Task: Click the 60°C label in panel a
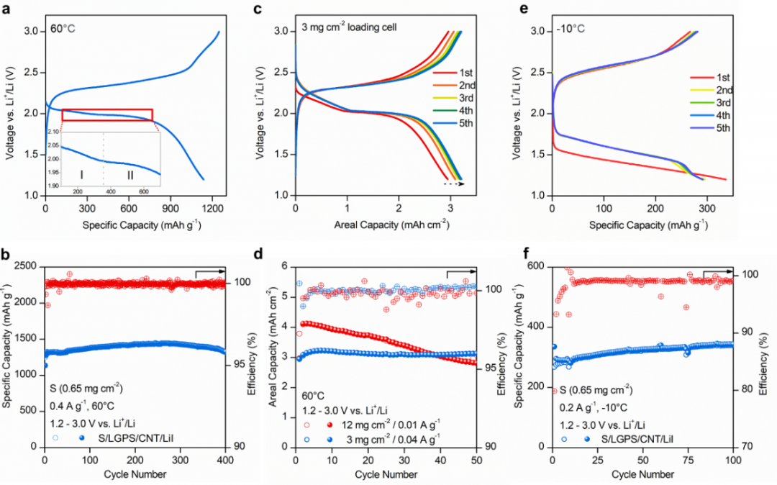pos(65,30)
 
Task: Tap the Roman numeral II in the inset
pos(131,174)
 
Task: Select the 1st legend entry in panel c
pos(460,73)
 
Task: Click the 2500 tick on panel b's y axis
pos(25,266)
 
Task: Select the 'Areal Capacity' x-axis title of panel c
pos(371,224)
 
